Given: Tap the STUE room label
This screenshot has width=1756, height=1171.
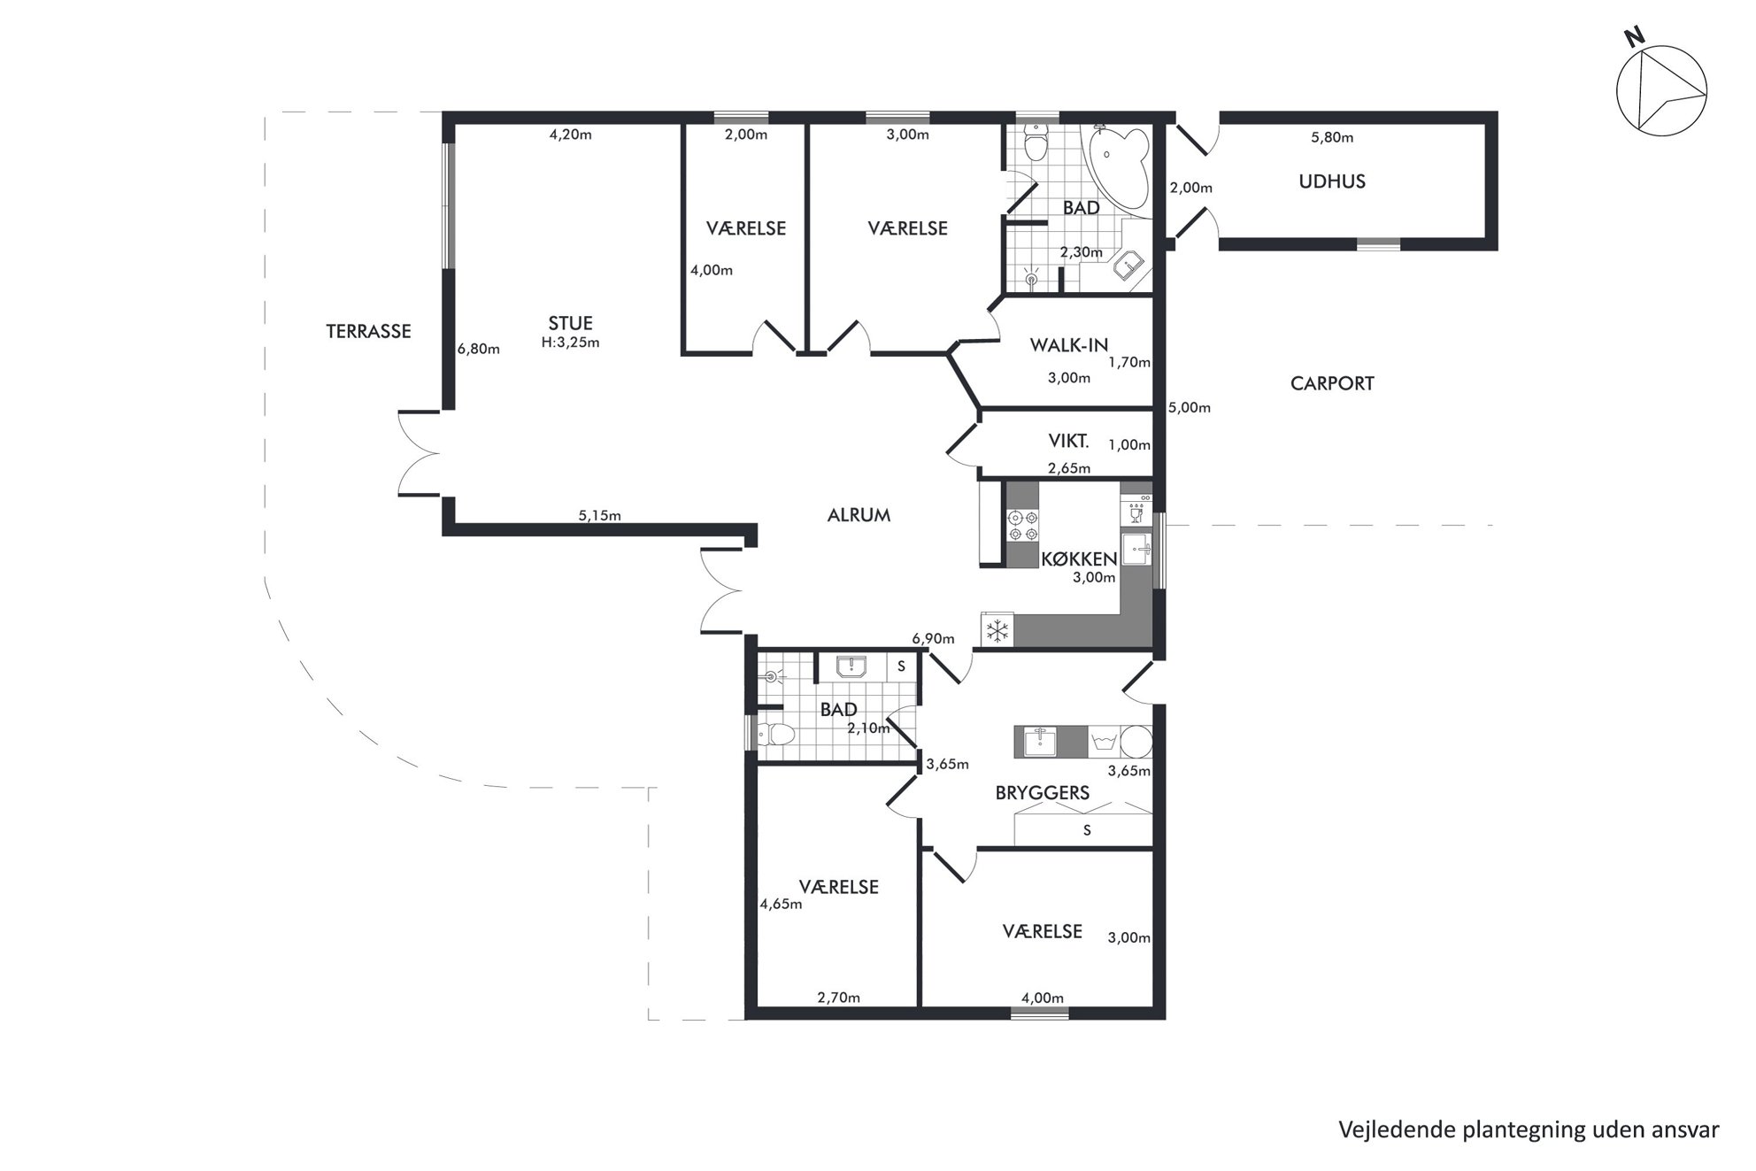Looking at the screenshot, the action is tap(570, 323).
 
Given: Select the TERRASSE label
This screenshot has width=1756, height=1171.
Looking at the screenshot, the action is tap(368, 331).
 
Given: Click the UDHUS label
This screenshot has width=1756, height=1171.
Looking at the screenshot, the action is tap(1332, 181).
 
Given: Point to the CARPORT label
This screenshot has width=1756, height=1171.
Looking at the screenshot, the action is tap(1332, 383).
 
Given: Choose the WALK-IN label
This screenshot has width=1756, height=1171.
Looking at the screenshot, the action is tap(1068, 345).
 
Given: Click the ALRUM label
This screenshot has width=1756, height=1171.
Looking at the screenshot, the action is tap(859, 515).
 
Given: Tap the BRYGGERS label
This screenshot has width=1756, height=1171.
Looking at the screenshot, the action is tap(1042, 793).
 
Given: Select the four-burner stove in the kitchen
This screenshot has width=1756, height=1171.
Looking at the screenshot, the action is tap(1023, 525).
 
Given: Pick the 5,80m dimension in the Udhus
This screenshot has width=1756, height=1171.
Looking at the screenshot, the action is tap(1331, 137).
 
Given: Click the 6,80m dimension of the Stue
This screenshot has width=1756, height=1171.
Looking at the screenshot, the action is tap(478, 349).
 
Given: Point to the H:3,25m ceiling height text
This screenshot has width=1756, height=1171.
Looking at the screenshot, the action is tap(570, 343).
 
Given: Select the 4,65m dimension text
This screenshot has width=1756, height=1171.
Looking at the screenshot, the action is tap(781, 904).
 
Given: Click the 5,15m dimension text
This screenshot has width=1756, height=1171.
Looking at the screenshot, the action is tap(599, 515).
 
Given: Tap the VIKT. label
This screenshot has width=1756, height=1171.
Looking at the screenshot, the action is tap(1068, 441).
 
